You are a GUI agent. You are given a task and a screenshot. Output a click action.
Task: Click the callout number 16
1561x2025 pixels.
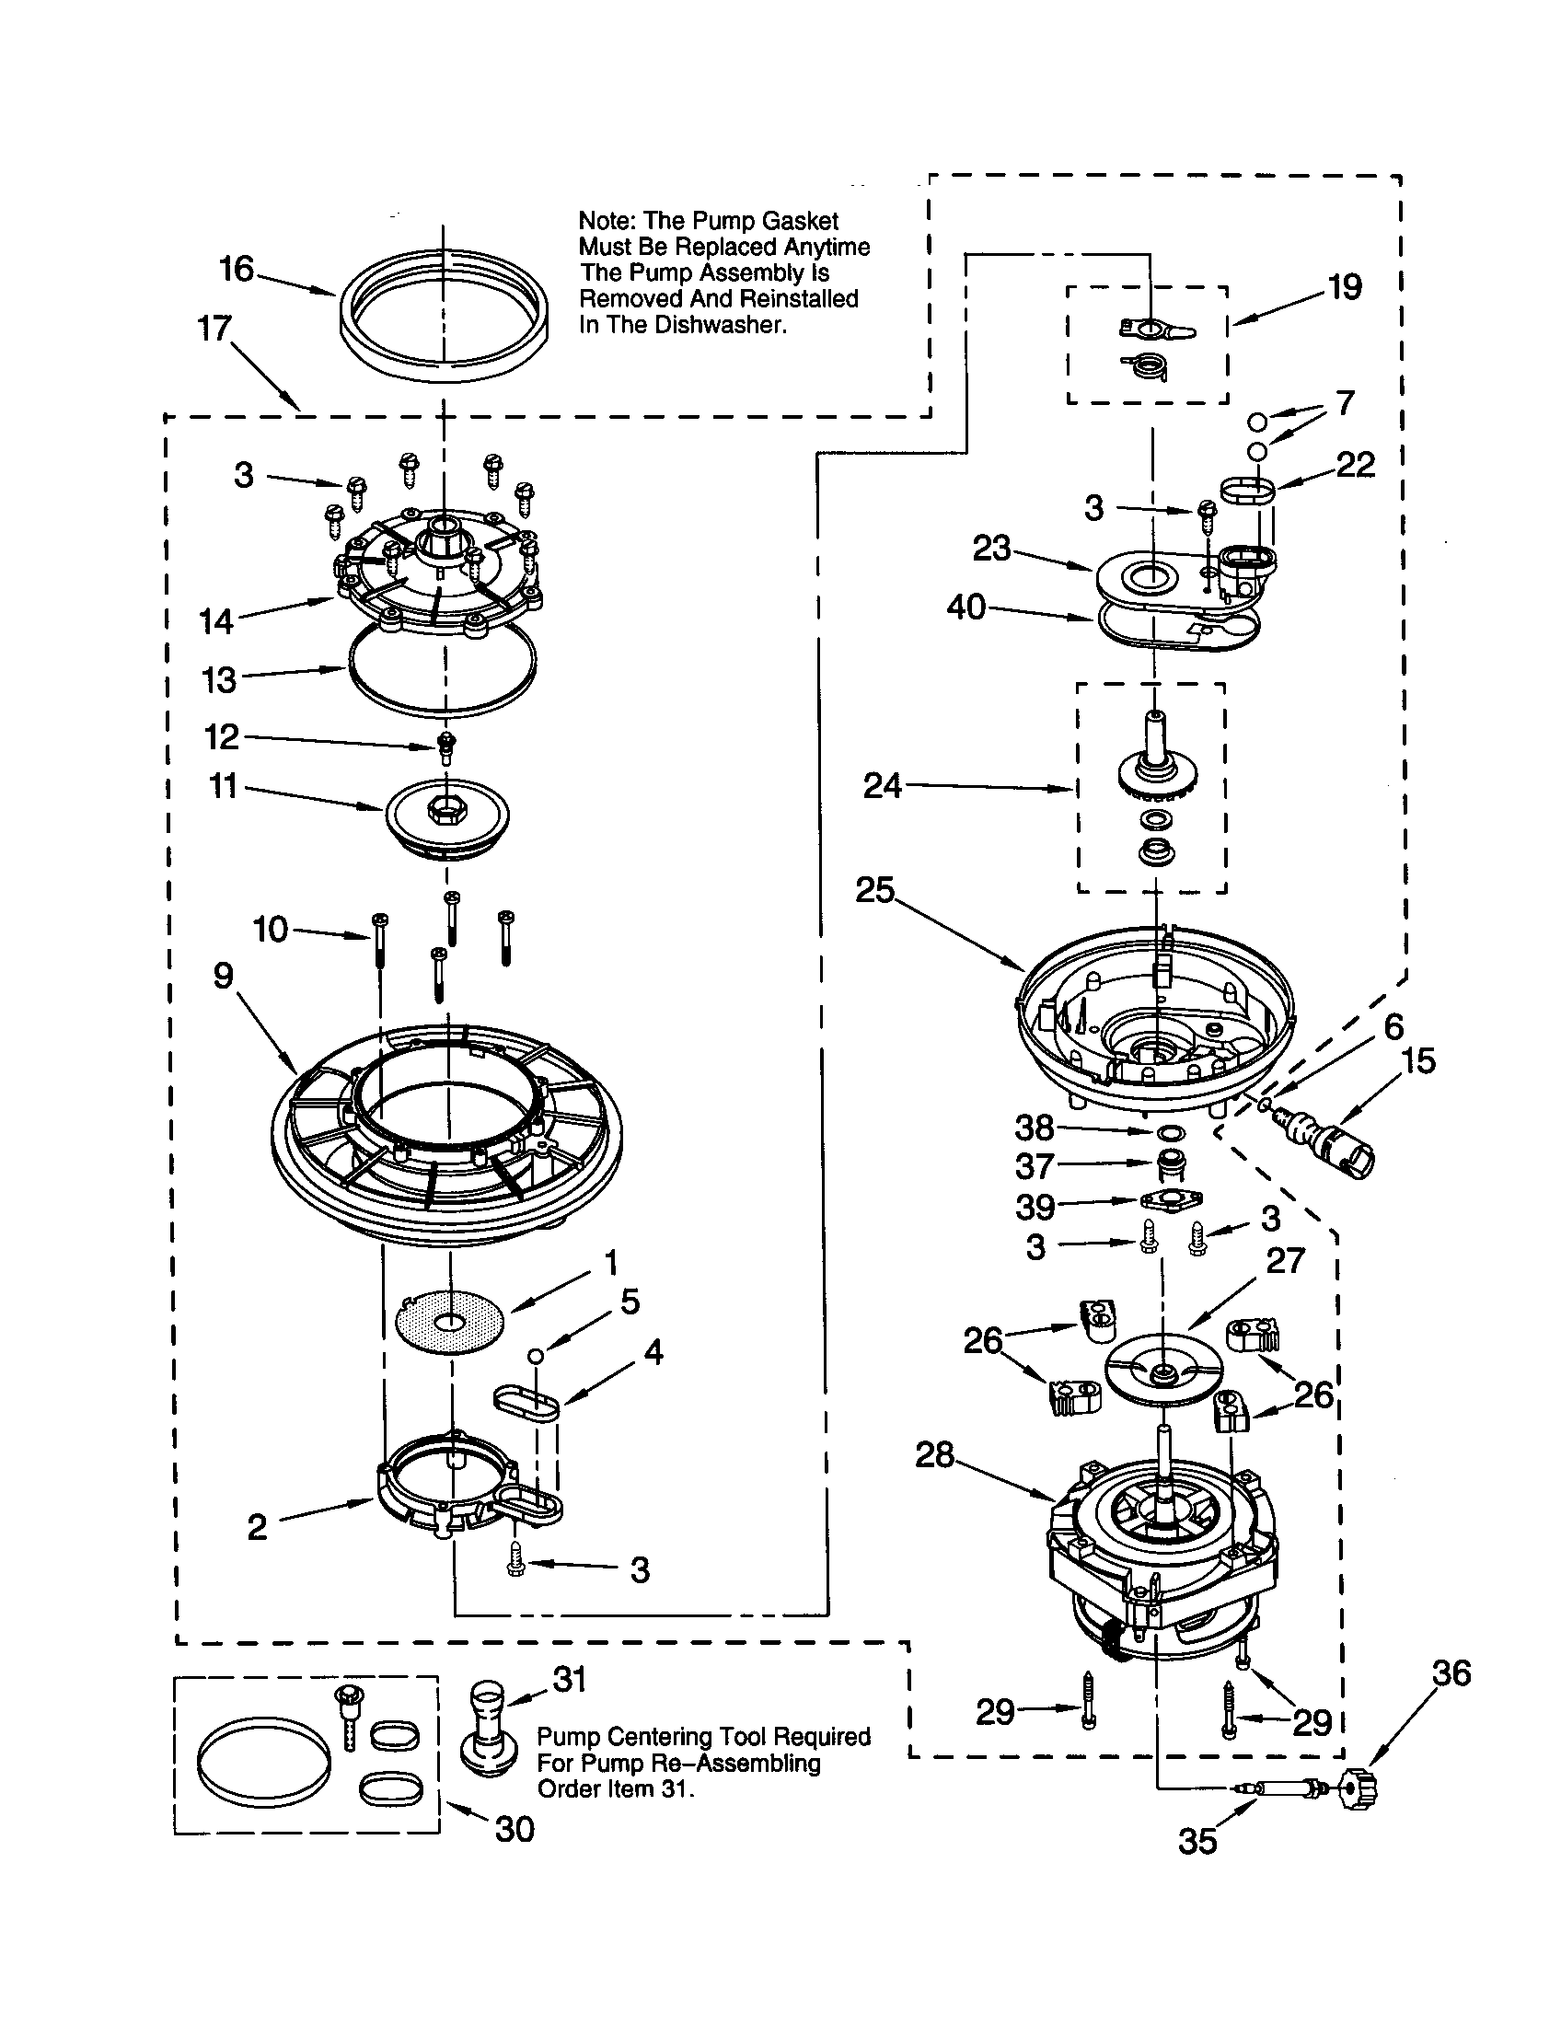coord(237,269)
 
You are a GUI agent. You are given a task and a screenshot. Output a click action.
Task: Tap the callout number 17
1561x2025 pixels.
coord(214,328)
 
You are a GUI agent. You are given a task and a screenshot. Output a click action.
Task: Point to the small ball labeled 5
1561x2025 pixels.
coord(535,1356)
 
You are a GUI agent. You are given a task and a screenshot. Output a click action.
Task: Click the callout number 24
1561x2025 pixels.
coord(882,786)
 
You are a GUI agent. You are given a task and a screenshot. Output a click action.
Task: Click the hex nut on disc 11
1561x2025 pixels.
coord(438,809)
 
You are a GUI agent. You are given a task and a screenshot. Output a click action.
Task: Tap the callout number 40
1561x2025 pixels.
coord(966,607)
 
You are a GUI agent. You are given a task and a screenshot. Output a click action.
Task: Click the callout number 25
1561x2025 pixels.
coord(874,890)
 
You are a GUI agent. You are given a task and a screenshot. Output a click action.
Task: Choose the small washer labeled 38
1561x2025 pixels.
coord(1170,1133)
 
